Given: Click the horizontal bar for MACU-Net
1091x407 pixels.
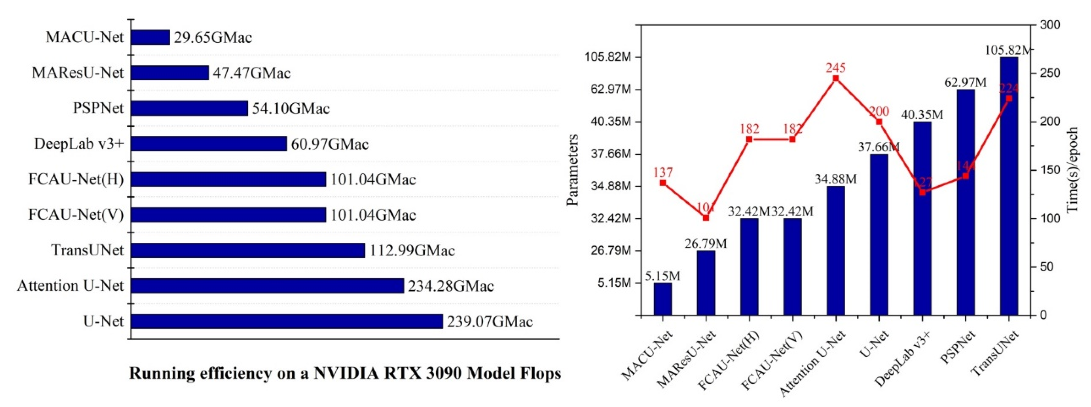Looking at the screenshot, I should pyautogui.click(x=150, y=37).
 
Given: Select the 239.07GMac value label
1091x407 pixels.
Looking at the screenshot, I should pyautogui.click(x=490, y=322).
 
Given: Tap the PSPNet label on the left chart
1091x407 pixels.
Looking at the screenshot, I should pyautogui.click(x=98, y=108).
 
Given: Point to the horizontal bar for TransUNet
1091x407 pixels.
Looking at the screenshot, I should pyautogui.click(x=248, y=250).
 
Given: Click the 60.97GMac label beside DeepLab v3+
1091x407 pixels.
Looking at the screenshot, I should pyautogui.click(x=329, y=144).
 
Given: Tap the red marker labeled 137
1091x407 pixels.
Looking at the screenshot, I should pyautogui.click(x=663, y=183).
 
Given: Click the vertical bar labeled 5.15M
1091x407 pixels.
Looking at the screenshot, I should pyautogui.click(x=663, y=299).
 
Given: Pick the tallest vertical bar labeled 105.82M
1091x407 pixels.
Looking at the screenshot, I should pyautogui.click(x=1009, y=186).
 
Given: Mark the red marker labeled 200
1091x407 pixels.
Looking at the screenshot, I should pyautogui.click(x=879, y=122).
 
